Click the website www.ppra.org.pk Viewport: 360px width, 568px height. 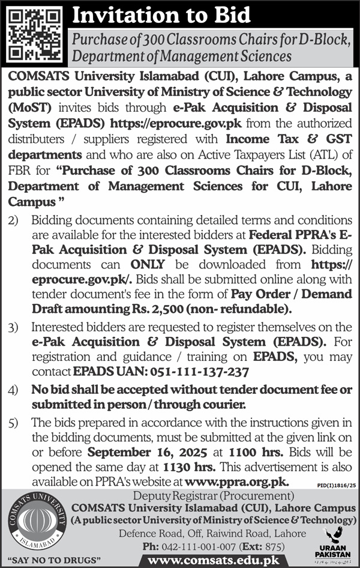click(237, 481)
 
